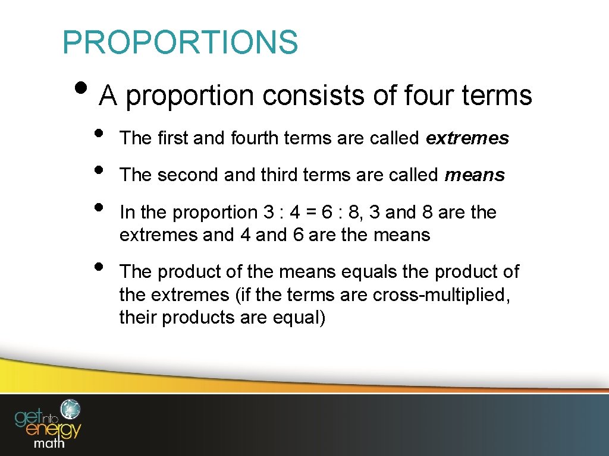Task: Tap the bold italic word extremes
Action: [x=467, y=138]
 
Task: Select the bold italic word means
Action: [x=475, y=175]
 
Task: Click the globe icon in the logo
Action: [x=71, y=408]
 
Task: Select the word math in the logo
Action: [x=50, y=443]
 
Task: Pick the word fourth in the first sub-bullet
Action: [x=256, y=138]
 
